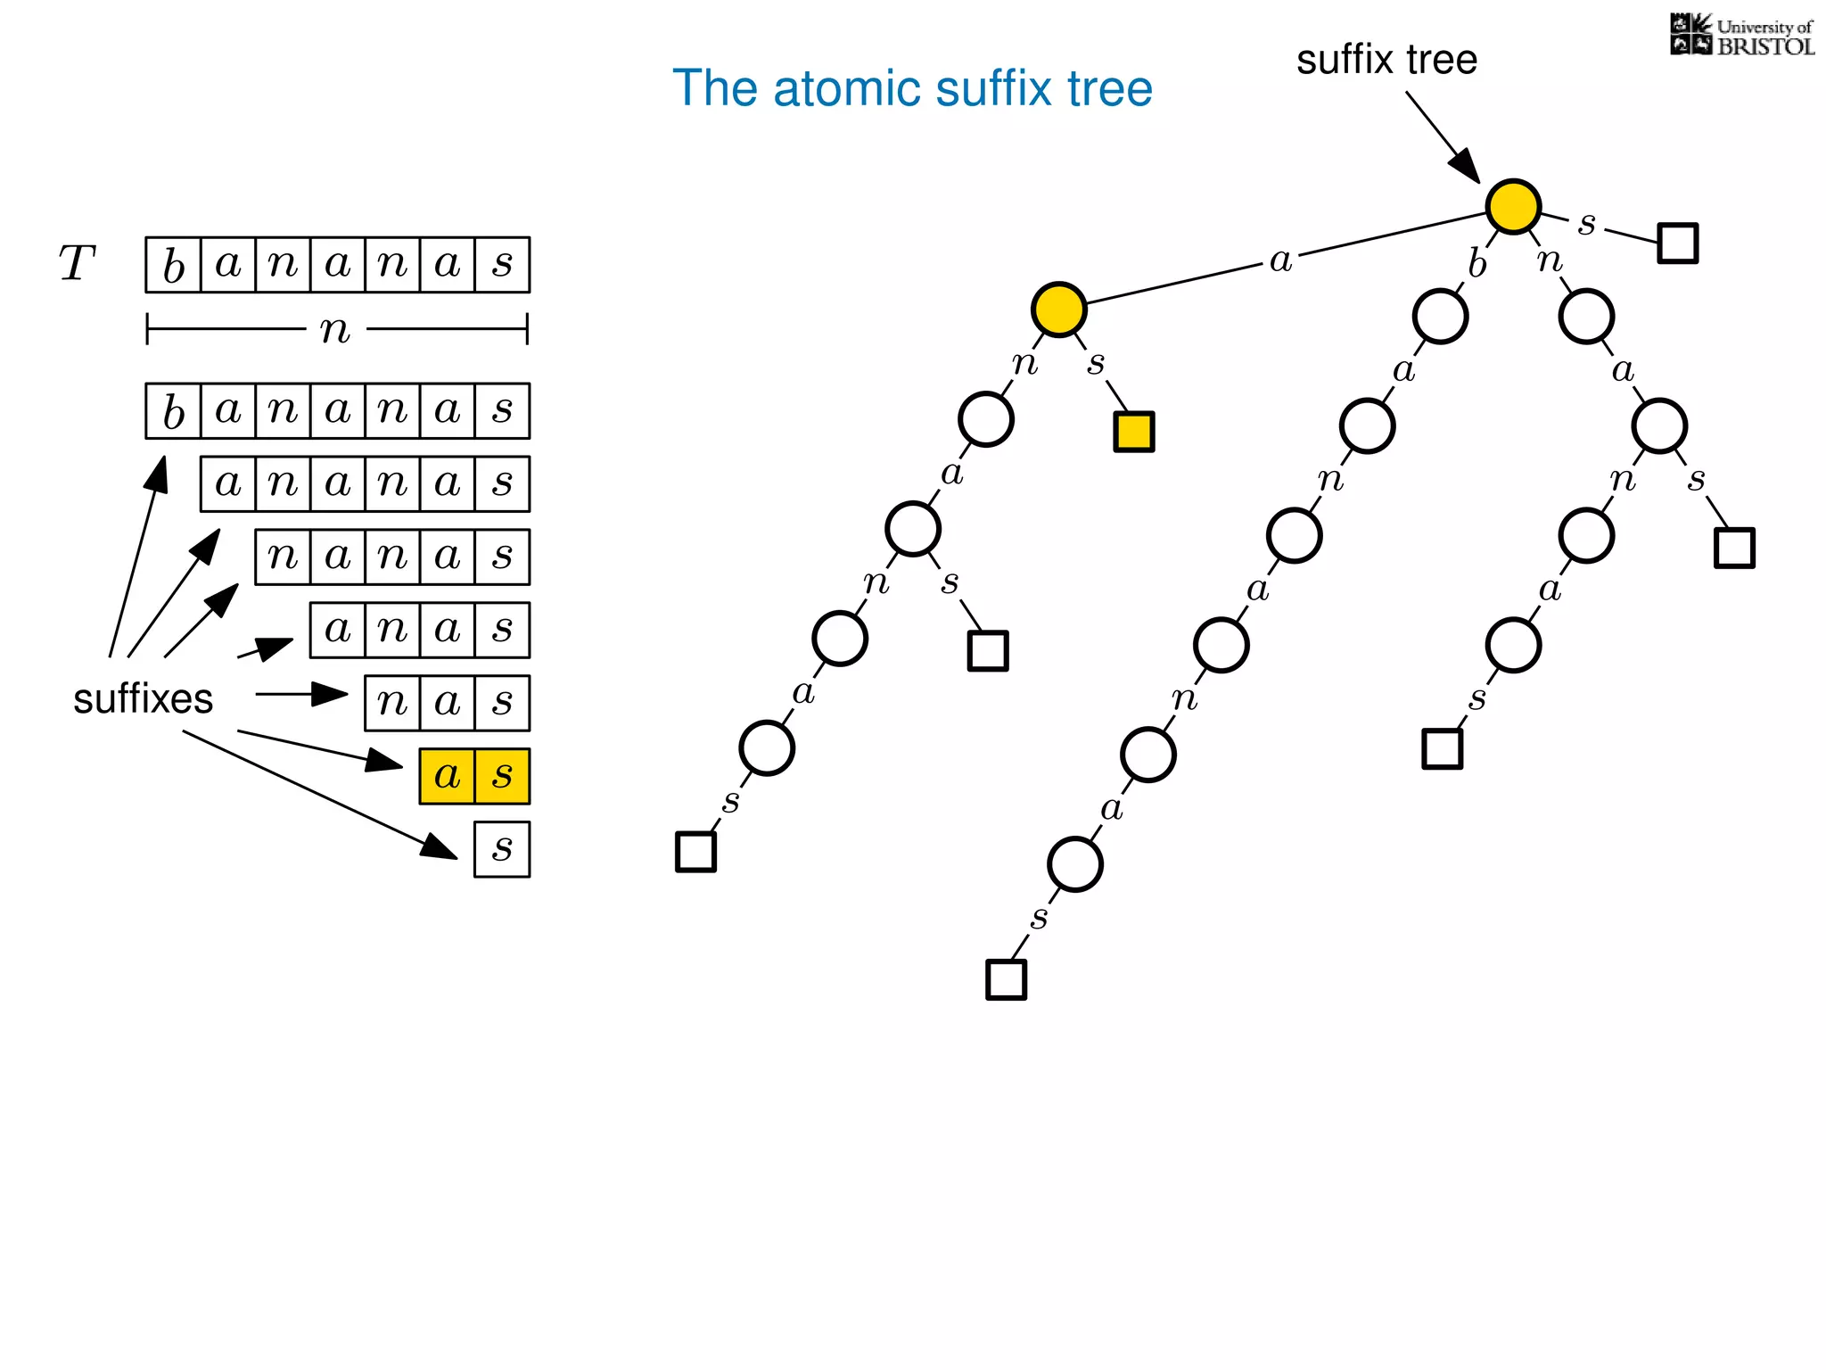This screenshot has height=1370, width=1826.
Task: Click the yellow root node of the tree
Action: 1513,206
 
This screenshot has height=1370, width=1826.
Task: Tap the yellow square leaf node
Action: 1133,432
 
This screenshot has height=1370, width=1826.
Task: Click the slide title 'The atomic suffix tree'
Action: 912,88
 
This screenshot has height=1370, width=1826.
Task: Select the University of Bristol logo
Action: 1741,36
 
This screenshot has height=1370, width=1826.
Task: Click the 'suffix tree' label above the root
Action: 1386,61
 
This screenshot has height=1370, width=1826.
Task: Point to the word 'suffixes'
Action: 143,698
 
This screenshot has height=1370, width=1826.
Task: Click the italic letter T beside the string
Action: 77,264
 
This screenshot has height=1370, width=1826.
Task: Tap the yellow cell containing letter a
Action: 448,776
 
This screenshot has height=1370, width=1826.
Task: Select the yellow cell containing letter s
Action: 502,776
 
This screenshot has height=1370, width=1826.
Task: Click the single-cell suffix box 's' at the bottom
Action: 502,849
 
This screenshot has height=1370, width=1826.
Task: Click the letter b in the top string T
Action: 174,265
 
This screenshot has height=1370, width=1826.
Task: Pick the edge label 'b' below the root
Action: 1477,264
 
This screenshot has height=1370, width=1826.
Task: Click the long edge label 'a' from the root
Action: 1280,260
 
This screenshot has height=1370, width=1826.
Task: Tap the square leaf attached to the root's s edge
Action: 1677,243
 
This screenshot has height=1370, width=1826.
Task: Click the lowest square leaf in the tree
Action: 1006,979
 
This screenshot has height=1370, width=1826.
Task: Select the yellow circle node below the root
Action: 1058,309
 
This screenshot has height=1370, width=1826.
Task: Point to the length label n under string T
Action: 335,330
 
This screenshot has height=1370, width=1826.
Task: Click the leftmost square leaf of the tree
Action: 695,851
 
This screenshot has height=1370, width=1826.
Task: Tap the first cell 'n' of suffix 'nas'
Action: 392,703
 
